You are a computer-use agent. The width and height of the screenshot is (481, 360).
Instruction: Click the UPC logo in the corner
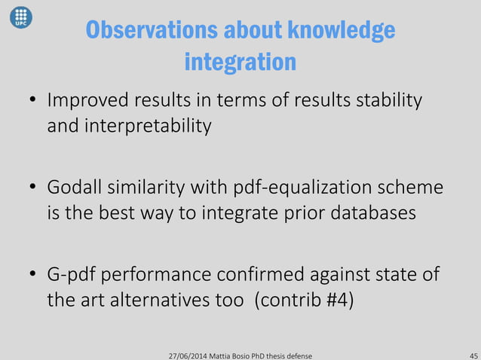(x=20, y=17)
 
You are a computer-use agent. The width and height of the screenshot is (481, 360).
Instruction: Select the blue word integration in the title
(x=240, y=61)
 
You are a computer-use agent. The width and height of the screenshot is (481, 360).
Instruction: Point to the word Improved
(x=82, y=101)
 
